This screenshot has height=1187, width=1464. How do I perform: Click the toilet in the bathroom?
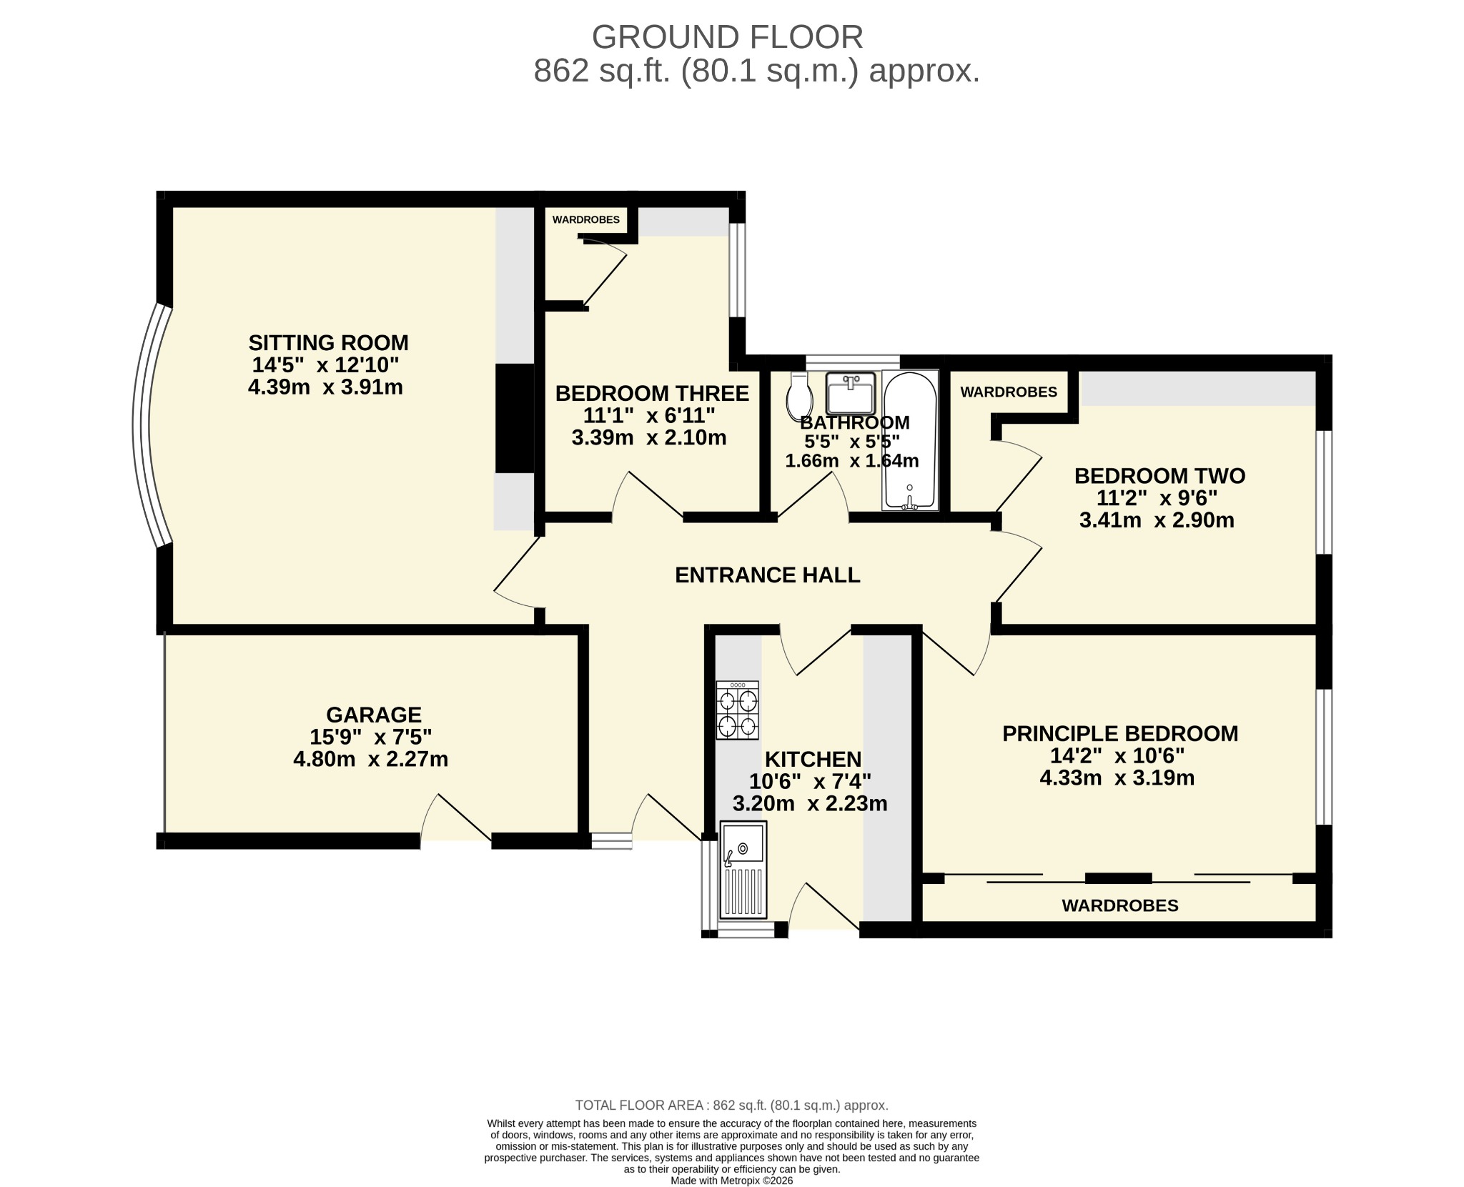click(x=798, y=396)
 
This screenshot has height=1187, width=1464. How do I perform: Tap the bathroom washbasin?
click(x=850, y=392)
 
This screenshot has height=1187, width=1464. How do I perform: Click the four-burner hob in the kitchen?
click(x=737, y=710)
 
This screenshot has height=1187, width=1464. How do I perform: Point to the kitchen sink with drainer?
click(x=743, y=870)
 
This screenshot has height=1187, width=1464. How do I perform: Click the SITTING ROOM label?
click(x=328, y=342)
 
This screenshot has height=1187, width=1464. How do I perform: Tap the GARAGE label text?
click(x=373, y=715)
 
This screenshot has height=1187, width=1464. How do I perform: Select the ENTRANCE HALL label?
click(x=767, y=575)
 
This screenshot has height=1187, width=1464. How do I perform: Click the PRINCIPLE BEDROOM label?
click(x=1120, y=733)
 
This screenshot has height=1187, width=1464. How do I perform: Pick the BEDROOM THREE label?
click(x=652, y=393)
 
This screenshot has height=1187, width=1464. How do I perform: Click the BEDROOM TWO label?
click(x=1159, y=476)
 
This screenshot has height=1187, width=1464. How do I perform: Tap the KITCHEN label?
click(x=813, y=759)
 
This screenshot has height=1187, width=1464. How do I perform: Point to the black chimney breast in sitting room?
click(x=515, y=418)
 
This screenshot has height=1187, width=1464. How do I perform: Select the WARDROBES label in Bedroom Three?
click(x=586, y=220)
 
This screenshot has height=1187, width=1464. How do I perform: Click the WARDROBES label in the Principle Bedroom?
click(x=1120, y=905)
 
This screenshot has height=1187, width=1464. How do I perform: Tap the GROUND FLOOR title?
click(x=727, y=37)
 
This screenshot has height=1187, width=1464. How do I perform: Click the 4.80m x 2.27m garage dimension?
click(x=370, y=759)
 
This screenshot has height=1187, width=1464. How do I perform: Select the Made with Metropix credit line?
click(x=731, y=1181)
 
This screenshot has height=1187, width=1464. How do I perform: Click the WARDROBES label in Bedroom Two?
click(x=1009, y=392)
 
